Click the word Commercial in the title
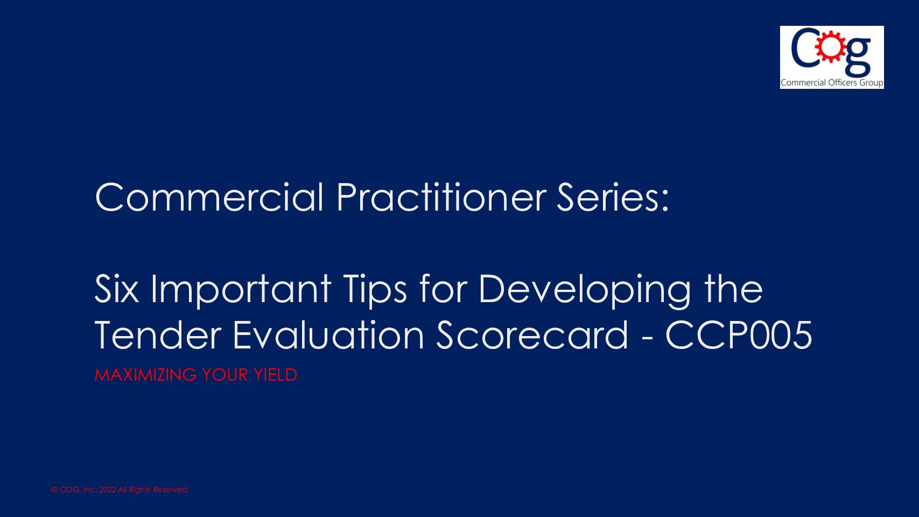click(x=209, y=197)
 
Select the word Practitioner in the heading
click(x=441, y=197)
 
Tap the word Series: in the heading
click(x=613, y=197)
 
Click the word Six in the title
click(x=117, y=289)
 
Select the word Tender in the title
click(x=158, y=335)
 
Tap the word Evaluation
click(x=328, y=335)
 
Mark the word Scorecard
click(x=532, y=335)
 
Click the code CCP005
click(x=739, y=335)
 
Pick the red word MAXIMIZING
click(x=145, y=375)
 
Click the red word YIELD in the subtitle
click(x=275, y=375)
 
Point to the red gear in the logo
click(x=831, y=47)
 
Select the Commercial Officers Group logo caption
click(x=832, y=82)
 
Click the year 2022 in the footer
click(x=108, y=490)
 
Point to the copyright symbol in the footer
click(x=54, y=490)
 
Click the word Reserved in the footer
click(x=171, y=490)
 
